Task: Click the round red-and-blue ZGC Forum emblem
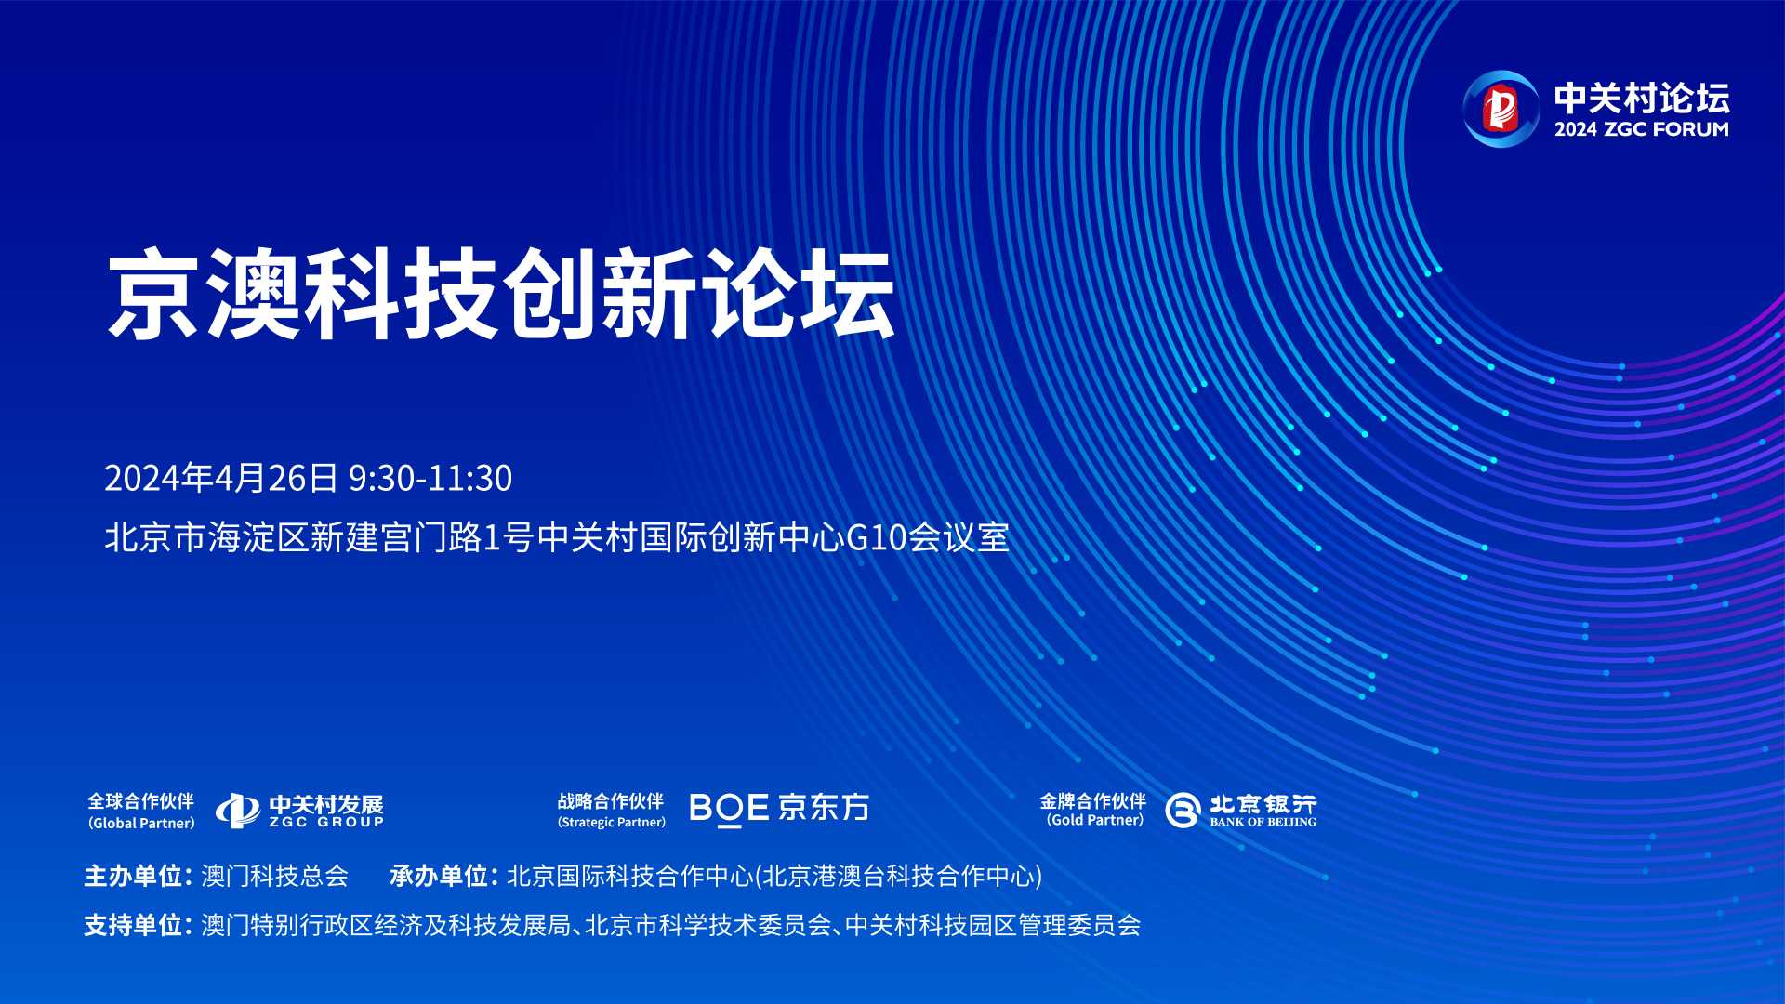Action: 1501,109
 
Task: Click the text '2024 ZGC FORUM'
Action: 1642,129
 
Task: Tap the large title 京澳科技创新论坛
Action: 501,294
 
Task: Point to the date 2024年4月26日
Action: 221,478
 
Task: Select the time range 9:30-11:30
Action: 430,478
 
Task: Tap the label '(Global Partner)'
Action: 141,823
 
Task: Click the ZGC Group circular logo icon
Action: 238,811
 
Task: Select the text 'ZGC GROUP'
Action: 326,822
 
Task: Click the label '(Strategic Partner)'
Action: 612,822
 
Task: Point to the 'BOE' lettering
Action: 729,808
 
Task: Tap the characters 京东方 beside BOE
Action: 824,807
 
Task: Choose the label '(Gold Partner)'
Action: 1095,820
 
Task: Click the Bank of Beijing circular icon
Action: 1183,811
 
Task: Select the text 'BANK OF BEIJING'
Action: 1263,822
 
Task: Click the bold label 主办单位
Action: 133,876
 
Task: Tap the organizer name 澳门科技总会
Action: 275,876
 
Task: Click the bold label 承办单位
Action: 439,876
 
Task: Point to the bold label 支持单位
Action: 133,925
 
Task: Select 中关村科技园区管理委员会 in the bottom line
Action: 993,925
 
